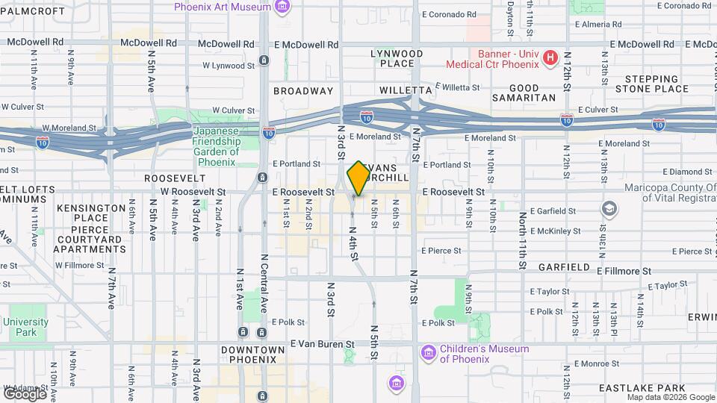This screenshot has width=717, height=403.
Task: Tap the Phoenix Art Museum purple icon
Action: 282,7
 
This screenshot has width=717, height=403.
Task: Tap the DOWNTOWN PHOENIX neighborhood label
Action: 253,354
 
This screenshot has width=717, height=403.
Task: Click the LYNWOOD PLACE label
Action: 397,58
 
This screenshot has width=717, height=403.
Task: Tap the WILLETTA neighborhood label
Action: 401,90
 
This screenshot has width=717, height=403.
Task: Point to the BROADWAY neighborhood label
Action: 303,90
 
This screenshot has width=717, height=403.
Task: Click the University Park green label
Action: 25,327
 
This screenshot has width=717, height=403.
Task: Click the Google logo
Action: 25,393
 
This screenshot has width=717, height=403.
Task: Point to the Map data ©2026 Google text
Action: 671,397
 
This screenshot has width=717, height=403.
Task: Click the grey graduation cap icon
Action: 610,207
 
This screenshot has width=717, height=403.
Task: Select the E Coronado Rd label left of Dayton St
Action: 449,14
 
